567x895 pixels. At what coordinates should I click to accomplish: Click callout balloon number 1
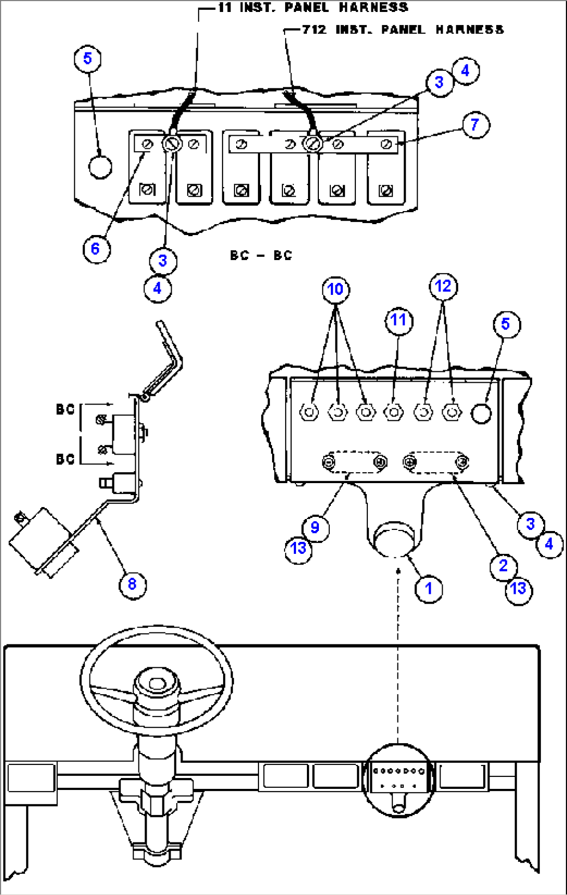coord(429,589)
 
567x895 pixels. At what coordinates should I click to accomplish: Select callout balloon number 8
coord(132,584)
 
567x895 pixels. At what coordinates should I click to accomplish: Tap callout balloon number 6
coord(95,249)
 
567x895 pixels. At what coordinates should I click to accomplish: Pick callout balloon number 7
coord(474,125)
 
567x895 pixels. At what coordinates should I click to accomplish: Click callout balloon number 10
coord(336,289)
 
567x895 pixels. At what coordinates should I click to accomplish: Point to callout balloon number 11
coord(398,320)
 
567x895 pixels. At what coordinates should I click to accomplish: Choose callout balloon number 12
coord(443,286)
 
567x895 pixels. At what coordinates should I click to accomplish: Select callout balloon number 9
coord(315,527)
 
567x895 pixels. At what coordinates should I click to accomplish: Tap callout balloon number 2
coord(503,565)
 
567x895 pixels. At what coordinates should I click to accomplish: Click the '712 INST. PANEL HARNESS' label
coord(403,30)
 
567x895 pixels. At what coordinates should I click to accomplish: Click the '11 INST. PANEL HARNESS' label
coord(313,7)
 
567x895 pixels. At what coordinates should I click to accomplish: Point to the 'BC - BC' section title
coord(261,255)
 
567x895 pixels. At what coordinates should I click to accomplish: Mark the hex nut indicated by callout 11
coord(393,412)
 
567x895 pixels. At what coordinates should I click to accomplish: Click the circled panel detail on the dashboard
coord(398,779)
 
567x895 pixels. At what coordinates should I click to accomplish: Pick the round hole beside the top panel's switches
coord(100,167)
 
